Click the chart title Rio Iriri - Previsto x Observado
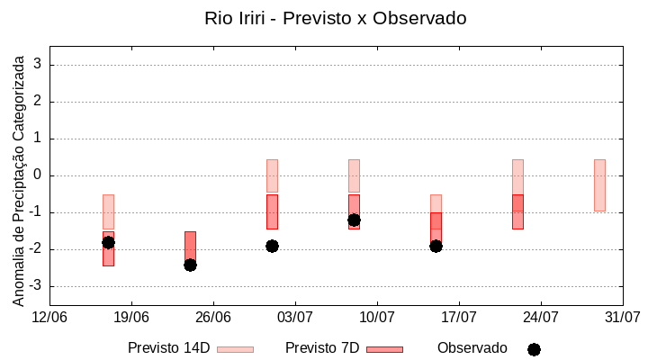click(x=335, y=18)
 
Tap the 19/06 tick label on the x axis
click(x=131, y=317)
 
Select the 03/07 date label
click(x=295, y=317)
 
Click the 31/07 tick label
click(x=622, y=317)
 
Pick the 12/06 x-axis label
click(x=49, y=317)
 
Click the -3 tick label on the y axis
click(x=35, y=286)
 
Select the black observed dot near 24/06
click(x=190, y=265)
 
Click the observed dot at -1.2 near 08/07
click(x=354, y=220)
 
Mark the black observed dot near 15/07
click(x=436, y=246)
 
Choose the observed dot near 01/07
click(x=272, y=246)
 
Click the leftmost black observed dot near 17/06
click(x=108, y=242)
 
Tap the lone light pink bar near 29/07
click(x=599, y=185)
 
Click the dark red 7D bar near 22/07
click(x=517, y=211)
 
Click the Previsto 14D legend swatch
click(x=235, y=348)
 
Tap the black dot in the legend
click(x=534, y=349)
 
